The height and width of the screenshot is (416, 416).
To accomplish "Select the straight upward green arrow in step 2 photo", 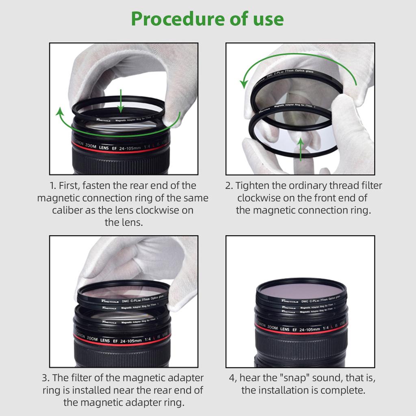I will point(301,149).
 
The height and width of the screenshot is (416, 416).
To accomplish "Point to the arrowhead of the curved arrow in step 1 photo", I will point(60,111).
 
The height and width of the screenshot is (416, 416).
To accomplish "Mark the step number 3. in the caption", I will point(46,378).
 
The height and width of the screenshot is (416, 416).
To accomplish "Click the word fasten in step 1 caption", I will point(98,186).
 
